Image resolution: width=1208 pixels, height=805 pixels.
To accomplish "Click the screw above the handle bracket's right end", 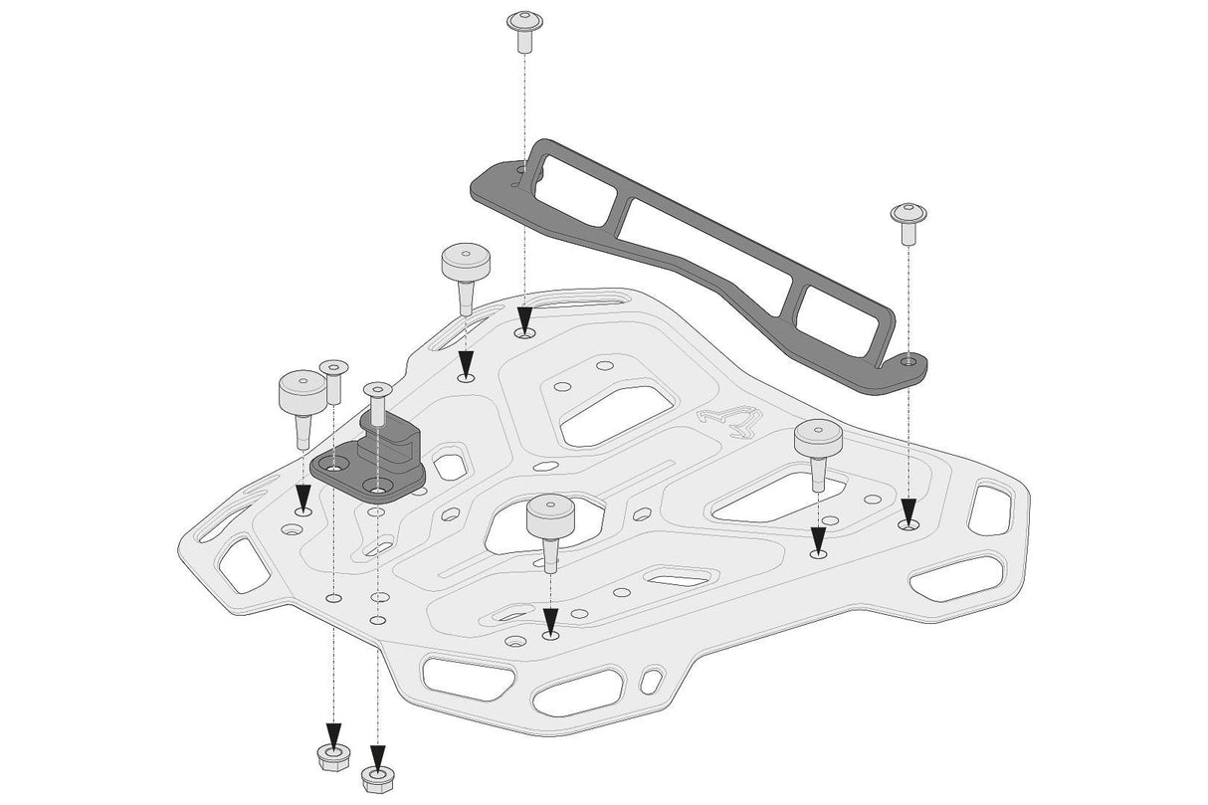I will (x=907, y=221).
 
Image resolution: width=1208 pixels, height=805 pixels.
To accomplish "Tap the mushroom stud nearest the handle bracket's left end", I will (x=466, y=275).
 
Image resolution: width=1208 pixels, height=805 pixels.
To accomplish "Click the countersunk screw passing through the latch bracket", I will (x=376, y=403).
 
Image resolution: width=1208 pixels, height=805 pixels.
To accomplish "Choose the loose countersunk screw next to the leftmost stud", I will (x=333, y=381).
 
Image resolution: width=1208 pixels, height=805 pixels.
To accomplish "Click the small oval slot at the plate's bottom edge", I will (x=650, y=682).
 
